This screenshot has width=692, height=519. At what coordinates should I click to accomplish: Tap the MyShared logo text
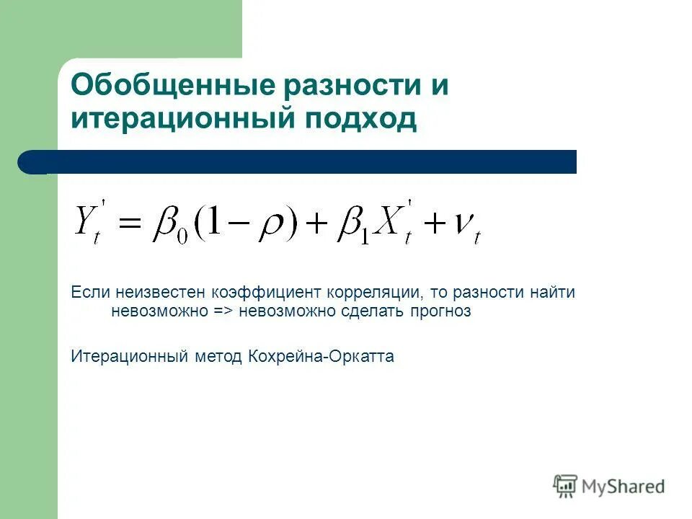click(624, 487)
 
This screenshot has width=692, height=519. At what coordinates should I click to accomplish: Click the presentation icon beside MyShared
click(565, 487)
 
